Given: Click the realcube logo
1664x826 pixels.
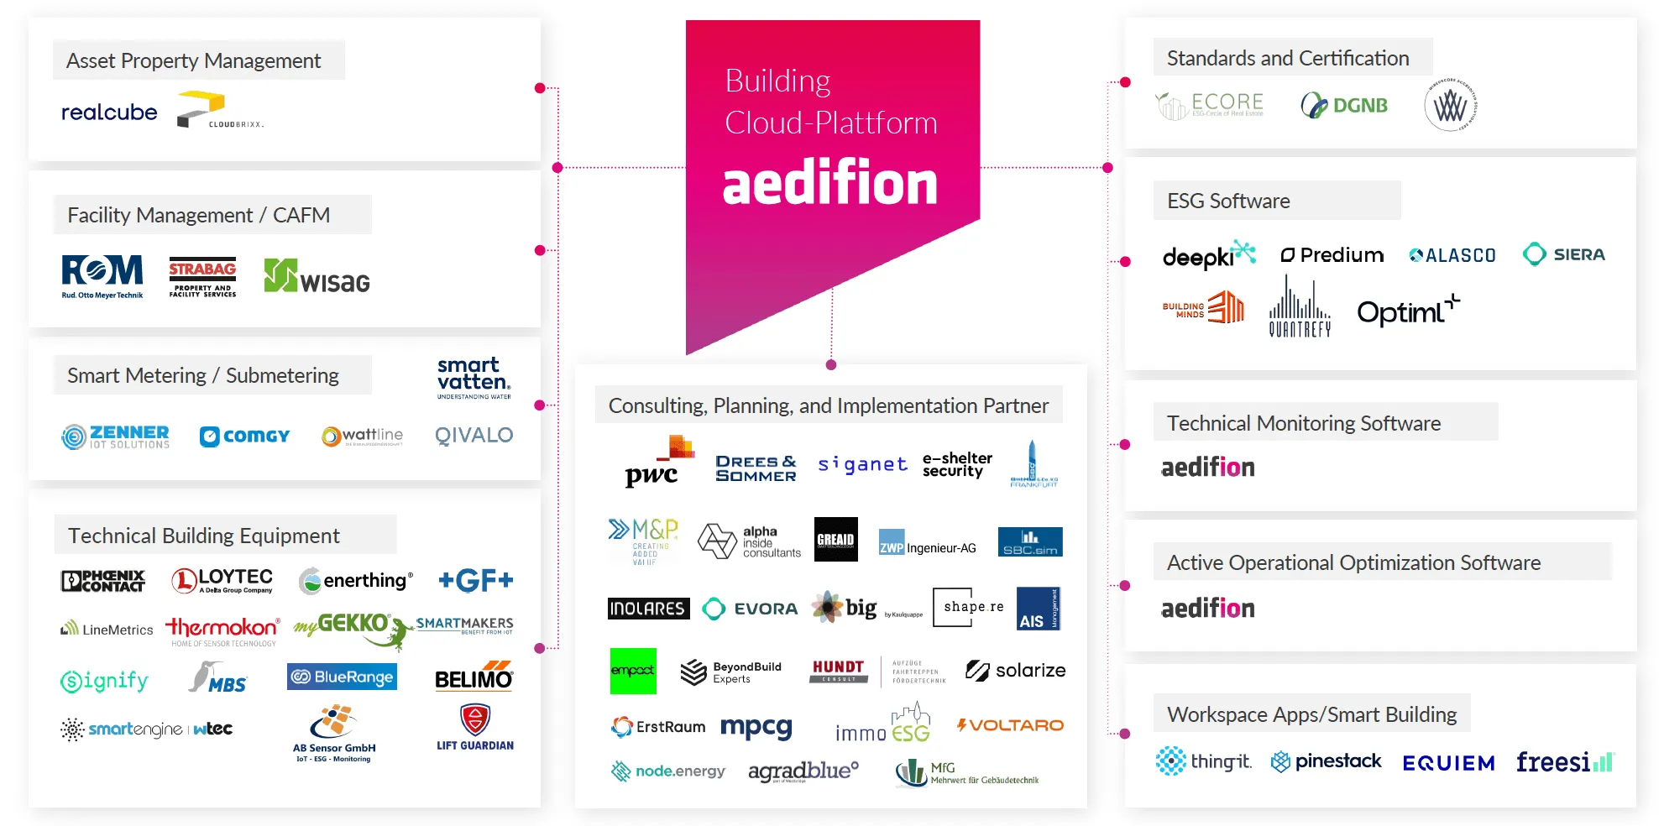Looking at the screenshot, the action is [109, 112].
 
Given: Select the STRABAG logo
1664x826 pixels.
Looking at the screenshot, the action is [202, 276].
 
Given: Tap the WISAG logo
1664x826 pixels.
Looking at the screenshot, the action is [317, 277].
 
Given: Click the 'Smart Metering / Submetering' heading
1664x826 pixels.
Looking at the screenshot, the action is [203, 375].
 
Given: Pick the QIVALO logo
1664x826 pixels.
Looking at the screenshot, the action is [474, 436].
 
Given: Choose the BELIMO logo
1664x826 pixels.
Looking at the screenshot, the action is [474, 677].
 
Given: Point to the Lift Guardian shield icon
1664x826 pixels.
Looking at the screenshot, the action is [475, 719].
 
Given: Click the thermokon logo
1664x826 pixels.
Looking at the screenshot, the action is [222, 630].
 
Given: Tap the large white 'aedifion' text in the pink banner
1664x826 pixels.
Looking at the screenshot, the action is [829, 184].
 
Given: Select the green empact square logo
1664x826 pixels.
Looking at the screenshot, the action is [633, 671].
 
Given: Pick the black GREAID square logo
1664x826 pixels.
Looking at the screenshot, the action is [835, 539].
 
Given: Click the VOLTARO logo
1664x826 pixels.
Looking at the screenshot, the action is [1010, 725].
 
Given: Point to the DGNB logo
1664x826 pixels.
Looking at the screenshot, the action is [1344, 106].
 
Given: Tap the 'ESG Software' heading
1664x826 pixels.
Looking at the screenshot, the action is [1228, 201].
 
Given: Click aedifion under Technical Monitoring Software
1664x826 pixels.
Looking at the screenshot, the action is [1207, 468].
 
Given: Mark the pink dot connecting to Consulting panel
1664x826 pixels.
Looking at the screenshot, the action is [831, 364].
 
